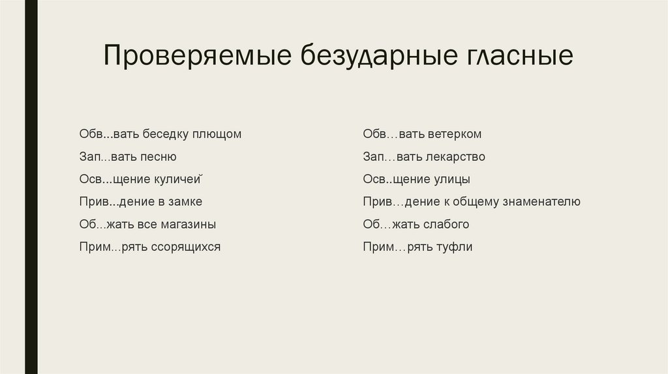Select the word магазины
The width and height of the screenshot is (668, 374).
point(187,225)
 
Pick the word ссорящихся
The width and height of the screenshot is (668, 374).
point(187,248)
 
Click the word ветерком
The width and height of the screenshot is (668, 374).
point(455,134)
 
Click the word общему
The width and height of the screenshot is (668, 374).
point(478,202)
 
